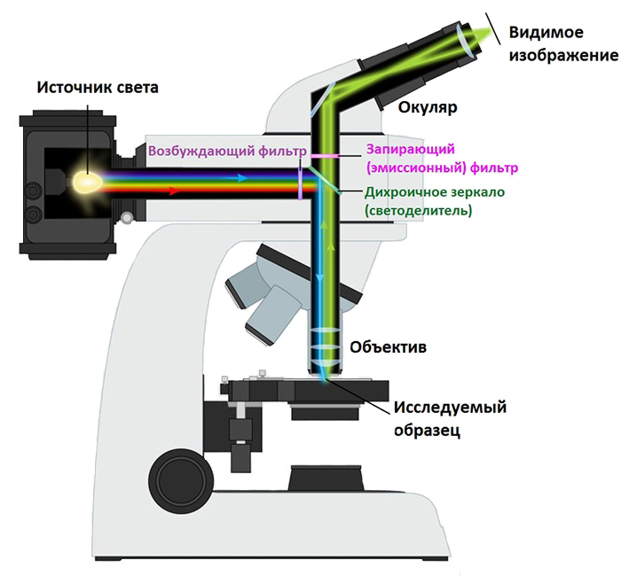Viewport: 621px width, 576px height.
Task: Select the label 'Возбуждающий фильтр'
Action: coord(226,151)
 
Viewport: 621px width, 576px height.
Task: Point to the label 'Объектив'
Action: coord(388,347)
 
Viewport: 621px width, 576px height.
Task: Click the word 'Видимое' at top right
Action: coord(546,33)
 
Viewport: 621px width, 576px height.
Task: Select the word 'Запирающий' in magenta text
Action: coord(410,150)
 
